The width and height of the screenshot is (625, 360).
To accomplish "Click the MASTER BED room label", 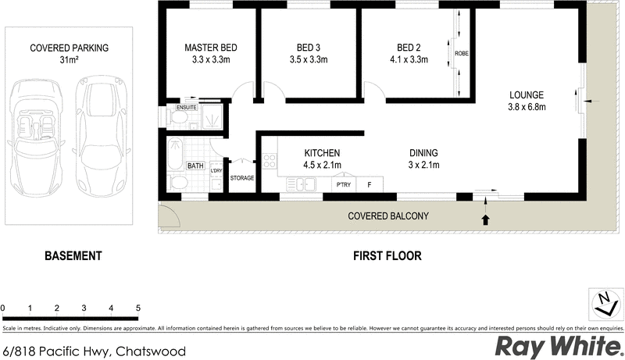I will (210, 48).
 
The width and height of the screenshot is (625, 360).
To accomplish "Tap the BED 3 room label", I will (308, 48).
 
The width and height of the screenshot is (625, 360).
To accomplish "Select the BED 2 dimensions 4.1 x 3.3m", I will (409, 59).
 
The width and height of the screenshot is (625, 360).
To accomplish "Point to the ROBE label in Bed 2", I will (461, 53).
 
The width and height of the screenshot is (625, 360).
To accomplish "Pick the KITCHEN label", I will (322, 153).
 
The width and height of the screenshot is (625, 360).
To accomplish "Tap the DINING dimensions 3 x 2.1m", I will (423, 165).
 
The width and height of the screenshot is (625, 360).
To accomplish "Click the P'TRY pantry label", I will (342, 184).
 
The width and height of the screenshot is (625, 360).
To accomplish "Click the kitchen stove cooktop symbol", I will (270, 162).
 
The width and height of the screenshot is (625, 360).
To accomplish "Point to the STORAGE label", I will (242, 178).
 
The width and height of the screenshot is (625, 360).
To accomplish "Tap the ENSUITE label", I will (187, 107).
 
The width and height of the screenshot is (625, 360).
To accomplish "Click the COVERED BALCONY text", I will (388, 216).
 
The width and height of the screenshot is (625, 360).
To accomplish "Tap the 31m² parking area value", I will (69, 60).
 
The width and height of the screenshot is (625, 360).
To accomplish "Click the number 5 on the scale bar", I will (138, 308).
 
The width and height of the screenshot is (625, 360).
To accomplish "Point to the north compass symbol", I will (604, 303).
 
